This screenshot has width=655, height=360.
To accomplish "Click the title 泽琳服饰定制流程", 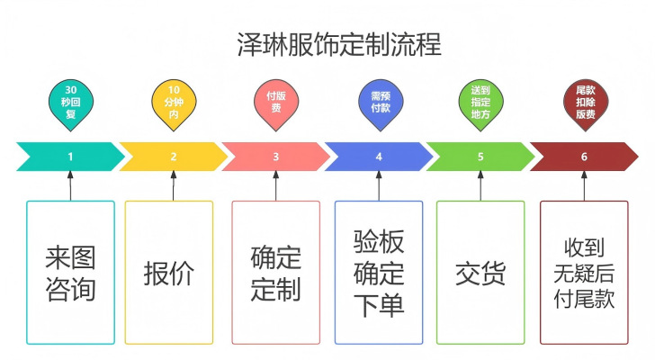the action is click(x=339, y=44).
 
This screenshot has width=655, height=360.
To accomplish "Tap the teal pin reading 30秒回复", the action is click(x=70, y=103).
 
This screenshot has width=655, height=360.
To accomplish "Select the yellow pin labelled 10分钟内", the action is click(x=174, y=103).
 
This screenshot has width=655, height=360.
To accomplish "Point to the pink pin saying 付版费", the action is click(x=276, y=103).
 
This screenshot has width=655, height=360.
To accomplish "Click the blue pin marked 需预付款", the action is click(x=381, y=103).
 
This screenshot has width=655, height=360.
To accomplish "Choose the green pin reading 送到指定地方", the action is click(x=480, y=103).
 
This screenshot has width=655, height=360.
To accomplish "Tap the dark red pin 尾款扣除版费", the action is click(x=586, y=103).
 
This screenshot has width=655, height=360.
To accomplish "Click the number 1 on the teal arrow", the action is click(x=70, y=157).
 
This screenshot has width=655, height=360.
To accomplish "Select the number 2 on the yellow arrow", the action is click(x=174, y=157).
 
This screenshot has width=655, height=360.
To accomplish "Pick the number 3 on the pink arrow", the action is click(x=275, y=157).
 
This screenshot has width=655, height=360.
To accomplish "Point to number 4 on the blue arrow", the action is click(x=379, y=157).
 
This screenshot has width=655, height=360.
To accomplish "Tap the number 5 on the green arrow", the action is click(x=480, y=157).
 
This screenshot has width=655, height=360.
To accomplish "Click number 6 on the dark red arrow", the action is click(x=584, y=157).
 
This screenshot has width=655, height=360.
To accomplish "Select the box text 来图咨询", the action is click(x=70, y=274).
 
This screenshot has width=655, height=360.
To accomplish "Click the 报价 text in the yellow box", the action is click(x=169, y=274).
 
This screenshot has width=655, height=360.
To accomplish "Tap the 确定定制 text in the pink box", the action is click(x=275, y=274).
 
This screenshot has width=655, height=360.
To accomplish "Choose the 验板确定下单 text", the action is click(x=379, y=274).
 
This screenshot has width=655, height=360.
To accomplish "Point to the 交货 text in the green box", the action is click(x=480, y=274).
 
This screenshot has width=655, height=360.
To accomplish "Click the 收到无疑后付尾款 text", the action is click(x=584, y=274).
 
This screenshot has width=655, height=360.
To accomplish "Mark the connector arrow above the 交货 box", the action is click(x=480, y=185).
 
